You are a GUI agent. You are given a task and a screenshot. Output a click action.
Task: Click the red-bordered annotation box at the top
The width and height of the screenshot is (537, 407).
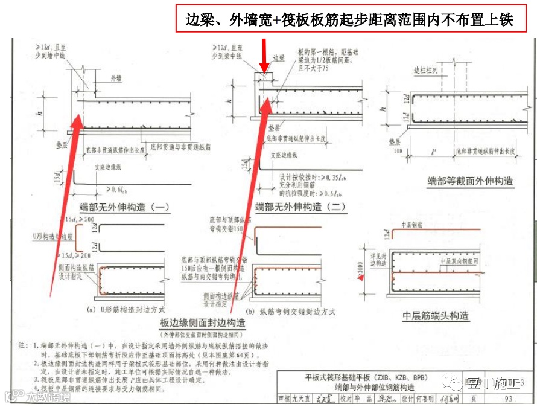[349, 19]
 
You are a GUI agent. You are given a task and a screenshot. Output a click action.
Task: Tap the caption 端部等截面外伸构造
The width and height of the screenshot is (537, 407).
[454, 181]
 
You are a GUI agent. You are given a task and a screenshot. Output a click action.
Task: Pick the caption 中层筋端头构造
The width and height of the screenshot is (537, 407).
[436, 316]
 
